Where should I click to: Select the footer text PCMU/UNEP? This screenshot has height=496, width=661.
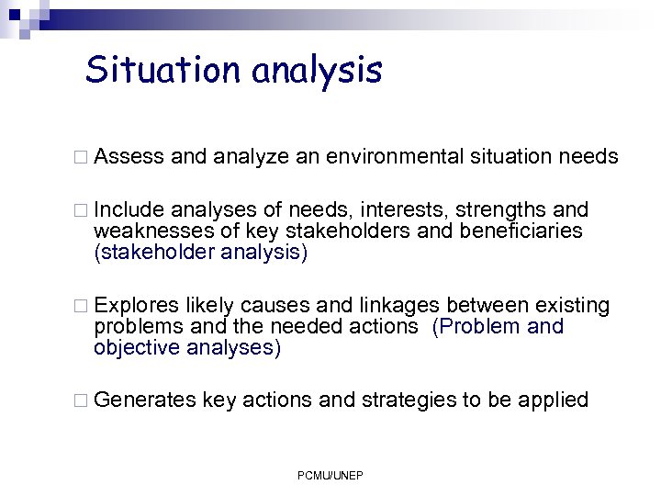point(330,475)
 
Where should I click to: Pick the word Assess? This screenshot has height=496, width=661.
point(129,157)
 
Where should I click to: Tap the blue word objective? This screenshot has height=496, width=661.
point(136,347)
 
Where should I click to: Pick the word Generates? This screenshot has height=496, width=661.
point(145,400)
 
